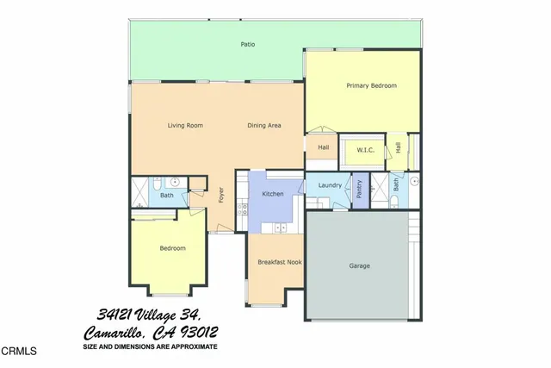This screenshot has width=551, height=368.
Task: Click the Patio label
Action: [247, 44]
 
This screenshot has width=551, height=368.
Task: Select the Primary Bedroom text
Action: [370, 85]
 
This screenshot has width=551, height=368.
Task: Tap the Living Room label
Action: [184, 126]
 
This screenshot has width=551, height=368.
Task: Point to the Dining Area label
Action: [264, 126]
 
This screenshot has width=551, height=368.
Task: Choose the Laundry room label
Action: [330, 185]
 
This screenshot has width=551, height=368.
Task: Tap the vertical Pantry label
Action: [359, 190]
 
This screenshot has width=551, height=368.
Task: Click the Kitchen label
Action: [273, 195]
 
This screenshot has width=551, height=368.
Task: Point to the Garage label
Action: [359, 265]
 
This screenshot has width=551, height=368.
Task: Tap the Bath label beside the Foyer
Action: [166, 196]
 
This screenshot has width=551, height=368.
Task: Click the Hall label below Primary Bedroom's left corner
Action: [323, 147]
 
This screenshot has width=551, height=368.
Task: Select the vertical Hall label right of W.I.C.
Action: [399, 148]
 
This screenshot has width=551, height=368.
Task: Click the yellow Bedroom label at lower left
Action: [172, 248]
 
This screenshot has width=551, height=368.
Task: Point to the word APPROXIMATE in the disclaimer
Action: [192, 346]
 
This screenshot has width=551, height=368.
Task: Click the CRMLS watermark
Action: [19, 352]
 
